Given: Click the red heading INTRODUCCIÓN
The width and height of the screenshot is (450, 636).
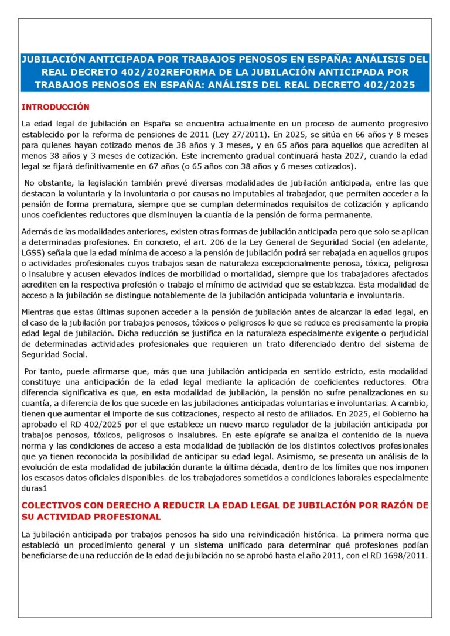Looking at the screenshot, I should (55, 107).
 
